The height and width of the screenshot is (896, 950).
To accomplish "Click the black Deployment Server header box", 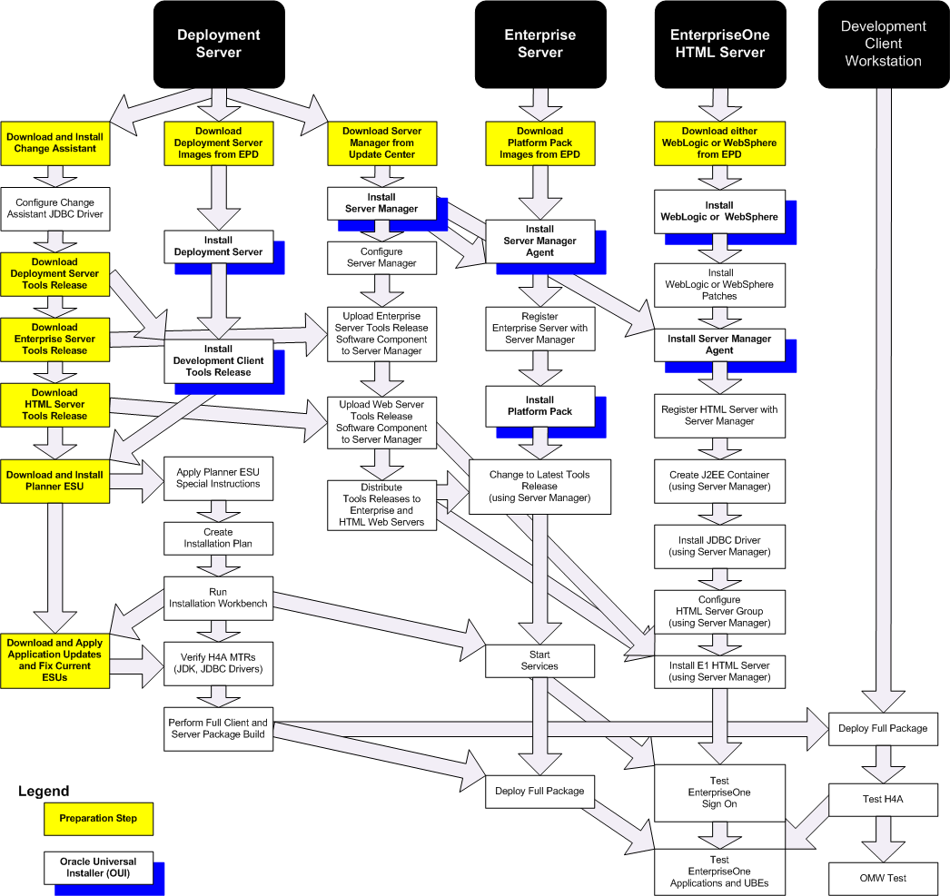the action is click(219, 44).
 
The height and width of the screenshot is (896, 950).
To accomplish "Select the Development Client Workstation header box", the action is click(884, 44).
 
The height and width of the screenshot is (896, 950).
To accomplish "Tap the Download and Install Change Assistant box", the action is click(55, 143).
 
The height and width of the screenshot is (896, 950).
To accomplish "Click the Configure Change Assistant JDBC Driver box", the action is click(55, 209).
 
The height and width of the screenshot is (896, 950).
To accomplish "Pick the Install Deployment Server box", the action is click(218, 246).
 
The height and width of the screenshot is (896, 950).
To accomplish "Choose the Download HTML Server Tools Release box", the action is click(55, 405).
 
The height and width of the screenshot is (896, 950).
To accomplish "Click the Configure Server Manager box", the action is click(381, 258).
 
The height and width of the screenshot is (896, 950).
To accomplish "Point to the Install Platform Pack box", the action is click(539, 406).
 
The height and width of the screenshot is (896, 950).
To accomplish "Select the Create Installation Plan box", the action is click(218, 538).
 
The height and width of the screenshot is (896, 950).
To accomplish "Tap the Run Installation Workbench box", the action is click(218, 598).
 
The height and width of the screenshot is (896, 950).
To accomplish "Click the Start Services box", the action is click(539, 661).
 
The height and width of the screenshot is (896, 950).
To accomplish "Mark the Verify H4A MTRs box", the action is click(218, 664).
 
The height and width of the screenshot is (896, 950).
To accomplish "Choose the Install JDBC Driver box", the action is click(720, 546).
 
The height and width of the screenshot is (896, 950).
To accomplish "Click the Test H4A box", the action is click(884, 800).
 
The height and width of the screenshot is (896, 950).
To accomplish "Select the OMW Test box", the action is click(884, 879).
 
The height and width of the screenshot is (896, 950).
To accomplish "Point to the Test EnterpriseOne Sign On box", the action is click(720, 793).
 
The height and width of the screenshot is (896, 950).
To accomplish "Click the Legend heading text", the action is click(44, 792).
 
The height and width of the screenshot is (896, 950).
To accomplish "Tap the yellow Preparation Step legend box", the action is click(98, 819).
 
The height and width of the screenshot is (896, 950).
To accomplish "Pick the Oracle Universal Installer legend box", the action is click(98, 868).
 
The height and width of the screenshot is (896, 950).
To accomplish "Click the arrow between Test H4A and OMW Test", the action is click(884, 840).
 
